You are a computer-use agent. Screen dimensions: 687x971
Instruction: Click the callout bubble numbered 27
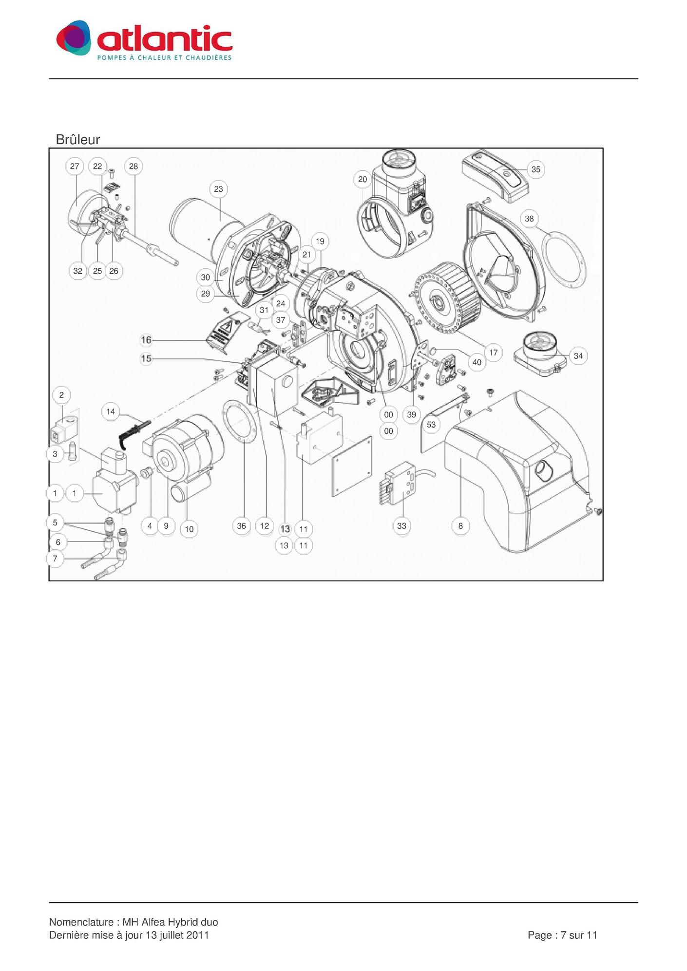75,167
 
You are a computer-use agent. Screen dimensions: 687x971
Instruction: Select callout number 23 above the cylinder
218,189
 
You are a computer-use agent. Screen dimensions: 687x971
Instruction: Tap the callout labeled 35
535,169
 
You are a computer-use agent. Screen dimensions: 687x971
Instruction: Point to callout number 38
529,219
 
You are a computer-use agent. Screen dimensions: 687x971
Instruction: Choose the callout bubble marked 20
363,180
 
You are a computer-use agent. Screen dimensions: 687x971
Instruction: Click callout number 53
431,425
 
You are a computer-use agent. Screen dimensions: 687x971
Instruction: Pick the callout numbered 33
401,526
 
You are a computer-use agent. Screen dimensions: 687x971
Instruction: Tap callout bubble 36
242,526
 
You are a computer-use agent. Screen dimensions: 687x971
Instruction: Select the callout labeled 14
111,411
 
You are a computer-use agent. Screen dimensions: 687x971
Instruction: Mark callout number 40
477,362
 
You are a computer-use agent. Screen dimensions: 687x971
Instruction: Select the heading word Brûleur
78,140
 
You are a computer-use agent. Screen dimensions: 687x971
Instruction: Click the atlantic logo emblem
74,37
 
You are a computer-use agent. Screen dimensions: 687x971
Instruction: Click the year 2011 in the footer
197,935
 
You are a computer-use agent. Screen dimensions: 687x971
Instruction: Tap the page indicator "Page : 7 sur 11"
562,935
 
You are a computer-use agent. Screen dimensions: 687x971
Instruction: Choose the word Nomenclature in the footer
81,922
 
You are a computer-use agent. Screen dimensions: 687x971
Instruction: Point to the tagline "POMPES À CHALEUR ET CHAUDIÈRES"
164,58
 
